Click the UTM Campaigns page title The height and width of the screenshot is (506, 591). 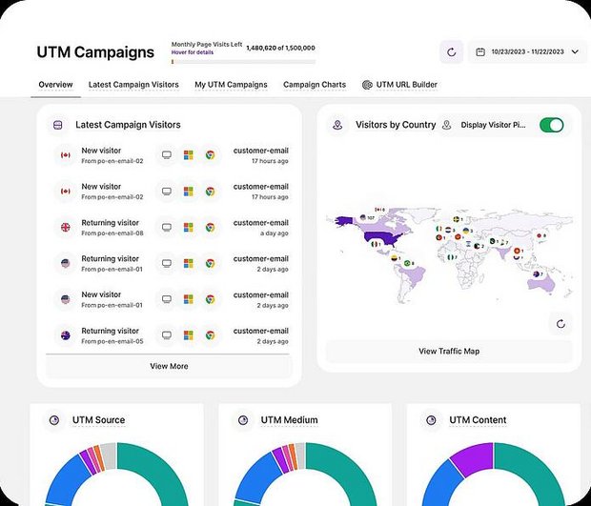point(94,52)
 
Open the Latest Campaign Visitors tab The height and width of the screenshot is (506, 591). point(133,85)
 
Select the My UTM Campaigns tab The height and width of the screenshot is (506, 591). point(231,85)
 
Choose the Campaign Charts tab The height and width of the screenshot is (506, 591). point(315,85)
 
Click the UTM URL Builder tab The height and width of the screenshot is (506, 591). point(400,85)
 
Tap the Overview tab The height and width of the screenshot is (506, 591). point(55,85)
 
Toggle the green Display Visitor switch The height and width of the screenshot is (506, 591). point(551,125)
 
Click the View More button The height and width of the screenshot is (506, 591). point(169,366)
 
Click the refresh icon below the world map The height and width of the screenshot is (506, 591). point(560,324)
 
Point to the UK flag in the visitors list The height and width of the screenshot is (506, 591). point(66,228)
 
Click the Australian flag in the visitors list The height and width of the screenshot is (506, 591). point(66,335)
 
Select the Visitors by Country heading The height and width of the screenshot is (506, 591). point(396,125)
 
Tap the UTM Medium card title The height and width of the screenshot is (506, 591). point(289,420)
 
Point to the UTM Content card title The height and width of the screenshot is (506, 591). point(478,420)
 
